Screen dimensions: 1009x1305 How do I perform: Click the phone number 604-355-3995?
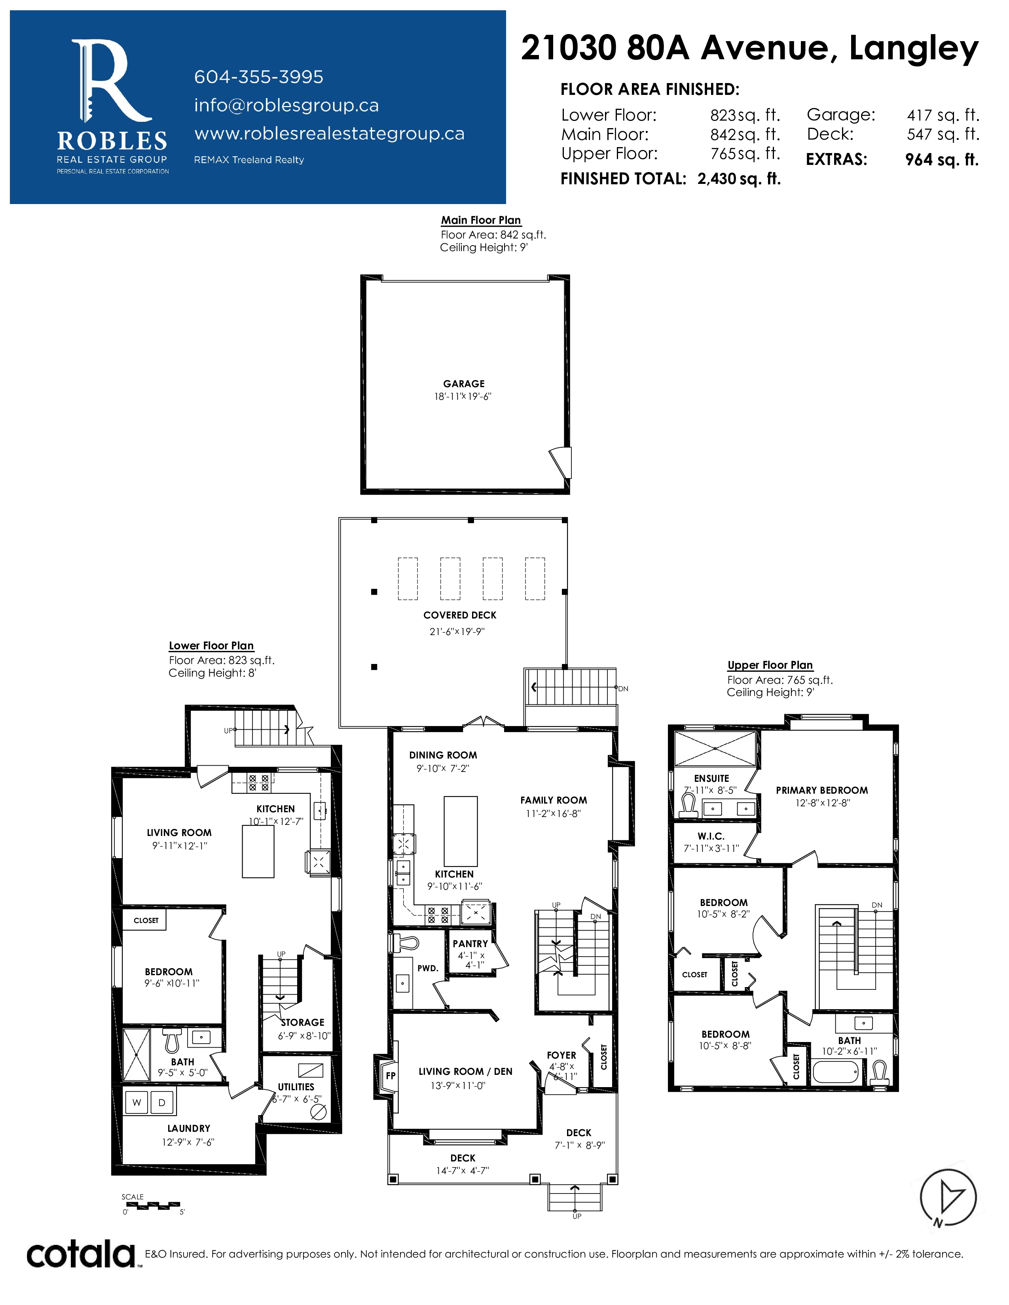tap(258, 77)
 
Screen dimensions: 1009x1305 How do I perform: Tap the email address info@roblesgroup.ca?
tap(286, 105)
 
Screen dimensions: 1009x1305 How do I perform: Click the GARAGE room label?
tap(464, 384)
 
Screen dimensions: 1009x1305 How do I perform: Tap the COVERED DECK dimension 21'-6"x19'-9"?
tap(457, 632)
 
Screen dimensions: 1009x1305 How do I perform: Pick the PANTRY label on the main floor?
tap(470, 944)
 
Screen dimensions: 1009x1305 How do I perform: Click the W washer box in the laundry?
tap(137, 1103)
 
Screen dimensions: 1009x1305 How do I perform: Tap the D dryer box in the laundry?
tap(162, 1103)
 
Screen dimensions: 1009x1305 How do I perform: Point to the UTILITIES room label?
tap(296, 1087)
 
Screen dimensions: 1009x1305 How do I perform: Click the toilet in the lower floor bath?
tap(172, 1040)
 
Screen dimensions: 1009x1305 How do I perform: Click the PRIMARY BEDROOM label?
tap(822, 790)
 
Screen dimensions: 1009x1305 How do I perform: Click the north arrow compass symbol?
tap(948, 1197)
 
